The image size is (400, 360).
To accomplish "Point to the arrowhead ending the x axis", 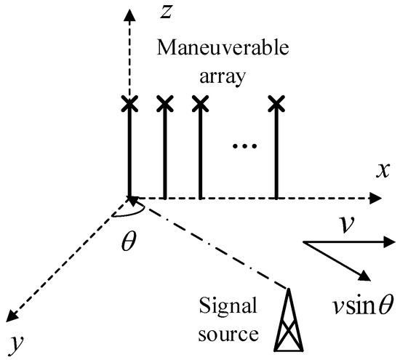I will coord(375,197).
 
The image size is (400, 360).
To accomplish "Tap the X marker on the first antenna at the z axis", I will coord(129,105).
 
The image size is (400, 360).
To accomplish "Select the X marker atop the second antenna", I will coord(165,105).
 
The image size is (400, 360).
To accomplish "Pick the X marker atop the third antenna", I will coord(199,105).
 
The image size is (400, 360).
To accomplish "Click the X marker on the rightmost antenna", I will coord(276,105).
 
